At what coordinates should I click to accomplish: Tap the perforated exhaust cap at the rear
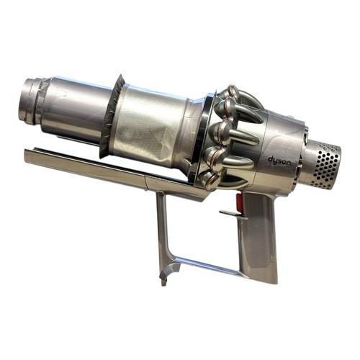326,164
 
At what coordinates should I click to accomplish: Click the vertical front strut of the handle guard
163,230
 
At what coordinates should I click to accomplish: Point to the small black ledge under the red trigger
233,215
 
